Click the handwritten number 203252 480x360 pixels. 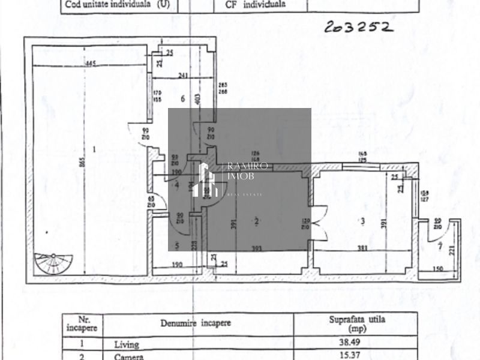pyautogui.click(x=359, y=27)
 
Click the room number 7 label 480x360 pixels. pyautogui.click(x=440, y=246)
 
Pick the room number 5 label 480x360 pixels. pyautogui.click(x=177, y=245)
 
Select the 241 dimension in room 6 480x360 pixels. pyautogui.click(x=184, y=76)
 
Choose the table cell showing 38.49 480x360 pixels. pyautogui.click(x=356, y=345)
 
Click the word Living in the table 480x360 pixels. pyautogui.click(x=126, y=345)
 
